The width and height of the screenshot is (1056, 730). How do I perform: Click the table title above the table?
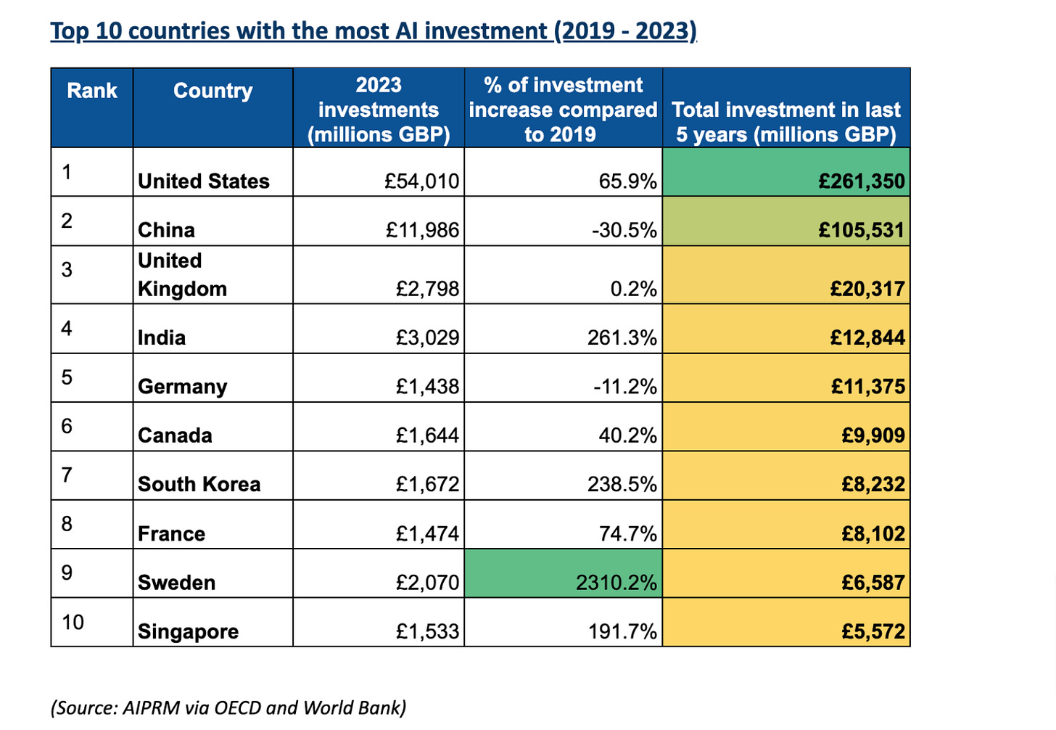tap(373, 31)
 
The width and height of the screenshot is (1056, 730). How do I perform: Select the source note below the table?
tap(228, 708)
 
